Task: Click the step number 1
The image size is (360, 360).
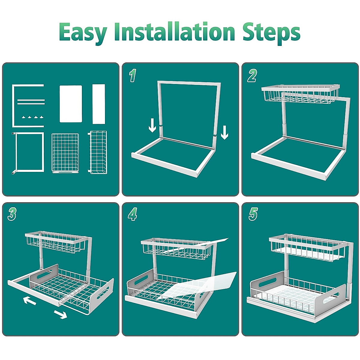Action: coord(133,76)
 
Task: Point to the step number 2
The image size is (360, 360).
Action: coord(252,76)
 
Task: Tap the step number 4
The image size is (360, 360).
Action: coord(133,214)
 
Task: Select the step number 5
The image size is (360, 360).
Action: coord(253,214)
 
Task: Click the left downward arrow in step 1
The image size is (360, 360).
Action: coord(152,125)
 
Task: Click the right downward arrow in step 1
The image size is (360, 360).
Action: coord(224,133)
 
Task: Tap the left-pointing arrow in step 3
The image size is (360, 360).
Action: coord(29,301)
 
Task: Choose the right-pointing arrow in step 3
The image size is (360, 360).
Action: coord(61,314)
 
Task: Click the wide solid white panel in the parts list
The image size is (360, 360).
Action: coord(71,104)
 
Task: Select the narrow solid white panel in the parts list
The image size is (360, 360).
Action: coord(99,104)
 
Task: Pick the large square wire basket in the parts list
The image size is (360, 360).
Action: coord(65,153)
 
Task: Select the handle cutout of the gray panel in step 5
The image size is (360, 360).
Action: coord(268,282)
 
